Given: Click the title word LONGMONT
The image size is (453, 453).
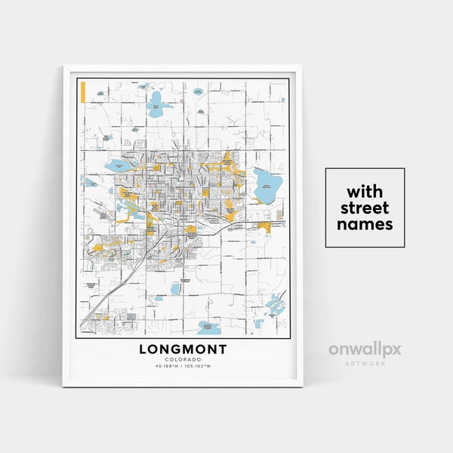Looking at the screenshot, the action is (x=183, y=350).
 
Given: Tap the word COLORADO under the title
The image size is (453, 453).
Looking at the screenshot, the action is (x=183, y=360).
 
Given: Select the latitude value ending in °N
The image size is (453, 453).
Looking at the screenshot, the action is (x=166, y=367).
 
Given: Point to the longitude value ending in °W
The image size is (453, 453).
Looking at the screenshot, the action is (x=201, y=367).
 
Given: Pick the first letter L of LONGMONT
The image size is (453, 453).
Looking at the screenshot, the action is (x=143, y=350).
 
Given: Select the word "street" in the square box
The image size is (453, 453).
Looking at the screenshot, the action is (x=365, y=207).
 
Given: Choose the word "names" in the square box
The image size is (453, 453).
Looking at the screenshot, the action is (x=365, y=224).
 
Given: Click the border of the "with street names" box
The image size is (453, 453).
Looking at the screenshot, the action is (x=326, y=208).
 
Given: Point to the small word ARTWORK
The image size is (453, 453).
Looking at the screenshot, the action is (x=364, y=363).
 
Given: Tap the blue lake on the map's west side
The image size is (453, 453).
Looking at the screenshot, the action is (x=117, y=165).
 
